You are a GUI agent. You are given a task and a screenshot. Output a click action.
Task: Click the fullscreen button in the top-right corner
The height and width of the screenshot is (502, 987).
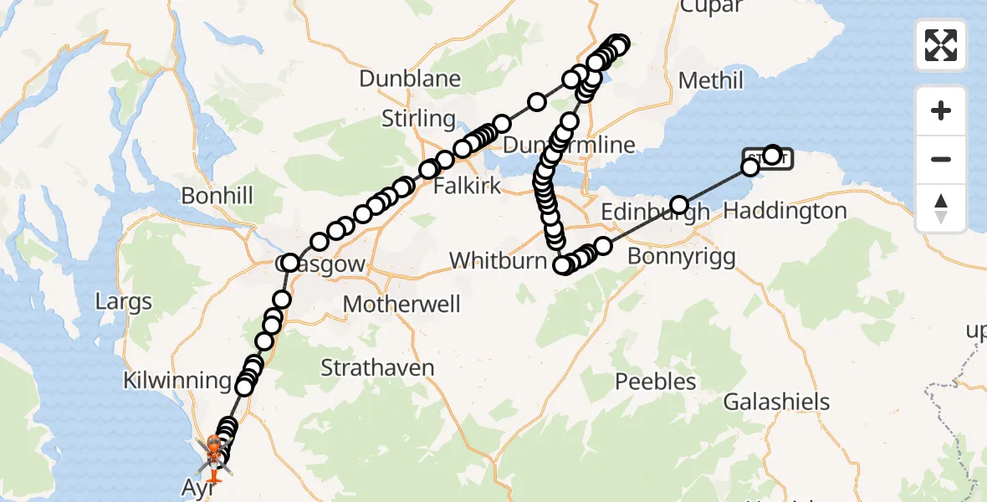[x=941, y=44]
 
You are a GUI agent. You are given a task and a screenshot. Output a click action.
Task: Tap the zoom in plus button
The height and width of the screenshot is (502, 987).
[x=941, y=111]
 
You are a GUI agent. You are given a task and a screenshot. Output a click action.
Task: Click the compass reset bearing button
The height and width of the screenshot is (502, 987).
[x=941, y=208]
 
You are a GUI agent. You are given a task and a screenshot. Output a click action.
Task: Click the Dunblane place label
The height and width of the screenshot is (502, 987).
[x=410, y=79]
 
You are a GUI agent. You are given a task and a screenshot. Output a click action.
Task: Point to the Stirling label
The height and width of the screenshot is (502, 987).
[x=418, y=119]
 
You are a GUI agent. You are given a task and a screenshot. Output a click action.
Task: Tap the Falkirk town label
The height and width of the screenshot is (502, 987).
[x=467, y=185]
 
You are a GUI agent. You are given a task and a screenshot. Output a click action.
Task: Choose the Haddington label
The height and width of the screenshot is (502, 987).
[x=785, y=211]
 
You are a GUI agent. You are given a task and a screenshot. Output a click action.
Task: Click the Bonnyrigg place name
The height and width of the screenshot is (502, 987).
[x=681, y=255]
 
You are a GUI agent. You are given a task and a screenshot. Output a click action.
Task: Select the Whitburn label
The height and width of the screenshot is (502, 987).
[x=498, y=261]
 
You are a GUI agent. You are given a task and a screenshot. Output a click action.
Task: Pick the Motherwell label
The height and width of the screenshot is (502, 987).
[x=401, y=303]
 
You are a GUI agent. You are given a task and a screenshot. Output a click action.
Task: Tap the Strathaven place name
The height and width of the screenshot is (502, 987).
[x=378, y=367]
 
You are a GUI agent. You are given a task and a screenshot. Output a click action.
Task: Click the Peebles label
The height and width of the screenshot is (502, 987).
[x=656, y=382]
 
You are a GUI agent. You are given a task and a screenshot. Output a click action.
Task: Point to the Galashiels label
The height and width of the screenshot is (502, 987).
[x=776, y=402]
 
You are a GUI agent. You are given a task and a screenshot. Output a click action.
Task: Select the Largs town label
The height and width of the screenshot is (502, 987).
[x=124, y=300]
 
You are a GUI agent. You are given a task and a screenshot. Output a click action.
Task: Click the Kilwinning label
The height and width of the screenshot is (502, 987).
[x=176, y=381]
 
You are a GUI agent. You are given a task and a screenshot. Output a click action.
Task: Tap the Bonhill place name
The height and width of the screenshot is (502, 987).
[x=217, y=197]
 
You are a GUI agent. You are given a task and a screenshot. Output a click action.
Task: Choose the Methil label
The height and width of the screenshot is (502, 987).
[x=711, y=80]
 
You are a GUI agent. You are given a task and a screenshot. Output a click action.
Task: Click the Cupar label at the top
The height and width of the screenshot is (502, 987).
[x=711, y=7]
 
